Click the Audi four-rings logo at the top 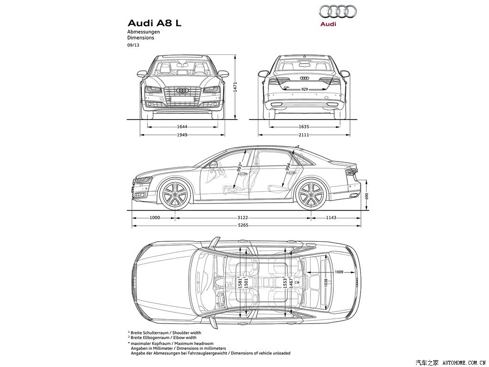point(338,11)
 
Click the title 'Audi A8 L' point(154,23)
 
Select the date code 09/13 point(133,45)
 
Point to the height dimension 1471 point(235,87)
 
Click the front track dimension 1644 point(182,127)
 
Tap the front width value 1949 point(182,135)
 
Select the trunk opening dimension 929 point(304,89)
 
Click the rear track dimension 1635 point(304,127)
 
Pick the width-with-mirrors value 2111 point(304,135)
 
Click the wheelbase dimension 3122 point(243,217)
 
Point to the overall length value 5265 point(243,225)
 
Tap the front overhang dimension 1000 point(155,217)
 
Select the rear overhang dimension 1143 point(331,217)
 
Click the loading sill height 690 point(367,196)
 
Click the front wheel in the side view point(175,194)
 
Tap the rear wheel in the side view point(311,194)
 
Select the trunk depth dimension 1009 point(339,272)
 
